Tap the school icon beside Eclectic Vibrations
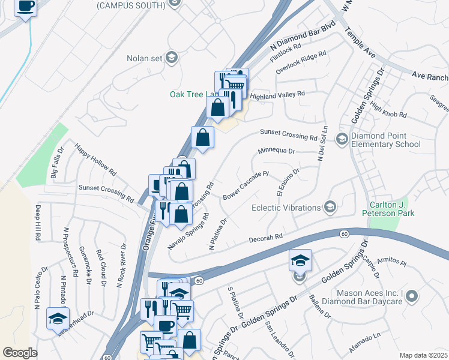(x=330, y=208)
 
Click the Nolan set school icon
(x=171, y=58)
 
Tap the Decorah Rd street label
(x=267, y=239)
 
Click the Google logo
(x=20, y=353)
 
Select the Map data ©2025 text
(x=423, y=355)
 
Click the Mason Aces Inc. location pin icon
(x=411, y=296)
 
